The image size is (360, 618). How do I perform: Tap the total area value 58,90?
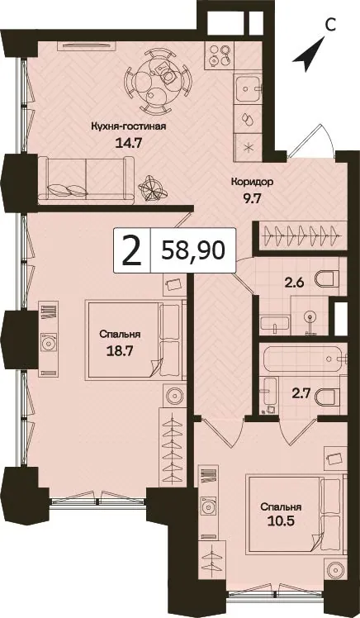(x=193, y=250)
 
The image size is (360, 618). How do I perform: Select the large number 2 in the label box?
(x=131, y=250)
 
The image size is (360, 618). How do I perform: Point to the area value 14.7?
(x=128, y=142)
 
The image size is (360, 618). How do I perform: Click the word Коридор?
(x=252, y=183)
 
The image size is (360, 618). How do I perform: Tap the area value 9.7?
(x=252, y=198)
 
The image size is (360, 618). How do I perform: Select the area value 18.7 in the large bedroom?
(x=120, y=351)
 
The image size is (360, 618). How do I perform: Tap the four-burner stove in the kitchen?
(x=220, y=55)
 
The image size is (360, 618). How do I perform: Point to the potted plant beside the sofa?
(x=152, y=188)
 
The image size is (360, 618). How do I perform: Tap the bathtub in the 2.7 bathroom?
(x=302, y=359)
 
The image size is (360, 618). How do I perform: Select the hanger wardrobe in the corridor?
(x=301, y=236)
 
